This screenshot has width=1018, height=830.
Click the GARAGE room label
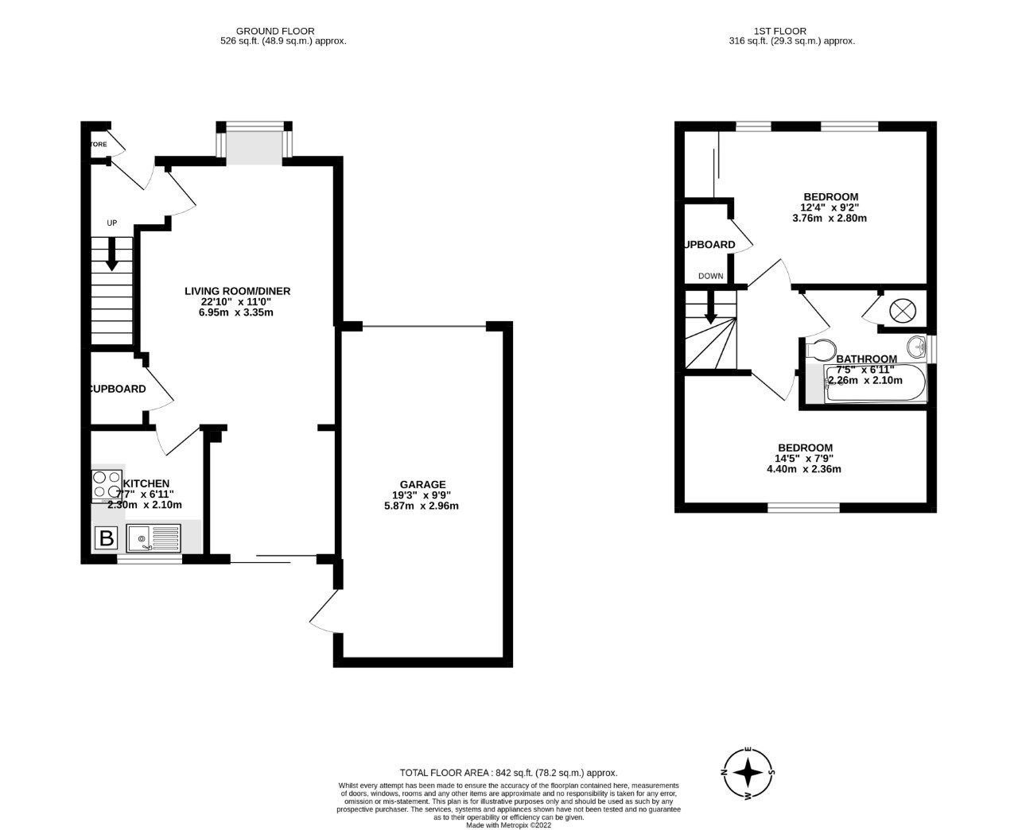click(x=423, y=484)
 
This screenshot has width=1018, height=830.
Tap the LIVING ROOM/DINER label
click(x=238, y=291)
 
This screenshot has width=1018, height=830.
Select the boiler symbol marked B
click(x=106, y=539)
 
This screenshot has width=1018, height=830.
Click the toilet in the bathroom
click(x=819, y=348)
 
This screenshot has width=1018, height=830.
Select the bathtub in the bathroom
click(x=876, y=384)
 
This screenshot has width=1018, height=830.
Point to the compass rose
click(x=748, y=772)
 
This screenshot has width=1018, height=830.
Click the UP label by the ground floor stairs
click(x=111, y=223)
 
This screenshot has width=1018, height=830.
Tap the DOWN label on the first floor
click(x=711, y=277)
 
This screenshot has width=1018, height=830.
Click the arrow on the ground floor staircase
click(x=111, y=254)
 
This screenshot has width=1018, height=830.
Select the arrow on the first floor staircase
click(x=711, y=308)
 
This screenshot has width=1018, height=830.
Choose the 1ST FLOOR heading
click(x=791, y=31)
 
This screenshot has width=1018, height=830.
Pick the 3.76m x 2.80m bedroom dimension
click(x=830, y=218)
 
